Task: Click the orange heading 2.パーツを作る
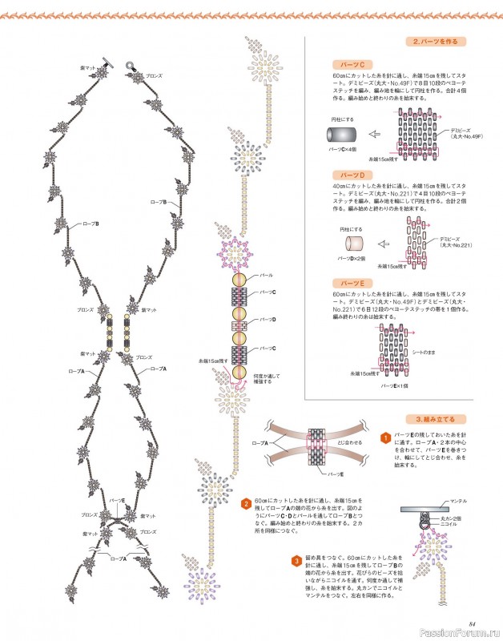pyautogui.click(x=435, y=41)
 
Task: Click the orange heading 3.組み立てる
pyautogui.click(x=435, y=418)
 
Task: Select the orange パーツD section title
pyautogui.click(x=352, y=174)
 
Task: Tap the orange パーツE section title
pyautogui.click(x=352, y=284)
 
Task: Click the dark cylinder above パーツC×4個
pyautogui.click(x=342, y=135)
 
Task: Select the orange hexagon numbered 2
pyautogui.click(x=245, y=502)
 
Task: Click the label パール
pyautogui.click(x=256, y=275)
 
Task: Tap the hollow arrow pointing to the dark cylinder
pyautogui.click(x=372, y=135)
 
